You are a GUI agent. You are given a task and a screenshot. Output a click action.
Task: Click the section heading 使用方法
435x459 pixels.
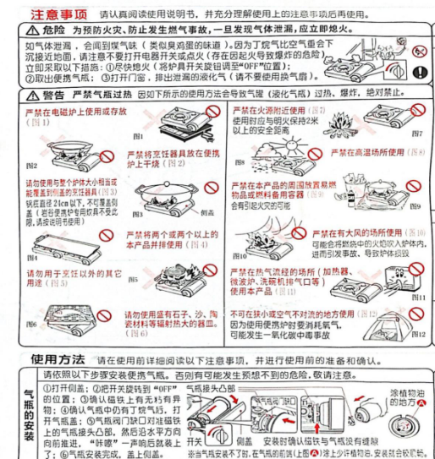pyautogui.click(x=58, y=358)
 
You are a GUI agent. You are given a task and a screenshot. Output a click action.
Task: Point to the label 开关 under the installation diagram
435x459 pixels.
pyautogui.click(x=194, y=440)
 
